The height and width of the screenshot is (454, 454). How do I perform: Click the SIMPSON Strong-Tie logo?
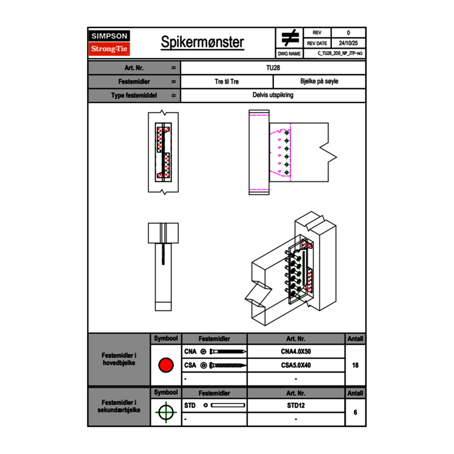click(x=110, y=43)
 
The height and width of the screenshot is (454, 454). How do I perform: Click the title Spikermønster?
click(x=202, y=42)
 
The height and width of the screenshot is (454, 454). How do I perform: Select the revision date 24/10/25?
click(x=348, y=43)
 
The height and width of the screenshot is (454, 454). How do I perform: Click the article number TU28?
click(x=273, y=68)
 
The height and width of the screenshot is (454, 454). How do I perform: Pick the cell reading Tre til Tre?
click(x=226, y=82)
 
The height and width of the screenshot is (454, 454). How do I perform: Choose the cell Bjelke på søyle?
click(x=319, y=82)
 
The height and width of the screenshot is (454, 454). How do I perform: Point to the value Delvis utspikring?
click(x=273, y=95)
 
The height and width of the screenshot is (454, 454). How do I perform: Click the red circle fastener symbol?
click(x=166, y=365)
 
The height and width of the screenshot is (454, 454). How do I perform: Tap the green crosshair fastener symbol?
click(x=166, y=412)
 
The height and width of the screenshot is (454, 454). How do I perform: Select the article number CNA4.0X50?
click(x=296, y=352)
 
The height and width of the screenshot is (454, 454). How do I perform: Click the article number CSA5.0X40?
click(x=296, y=365)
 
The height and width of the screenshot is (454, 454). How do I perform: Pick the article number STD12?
click(x=296, y=406)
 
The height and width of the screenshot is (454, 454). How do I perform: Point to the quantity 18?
click(x=355, y=365)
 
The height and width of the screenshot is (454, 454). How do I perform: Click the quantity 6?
click(x=355, y=412)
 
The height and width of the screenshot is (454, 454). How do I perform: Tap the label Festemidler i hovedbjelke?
click(x=119, y=359)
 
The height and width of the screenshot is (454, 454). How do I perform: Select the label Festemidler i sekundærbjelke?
click(x=119, y=406)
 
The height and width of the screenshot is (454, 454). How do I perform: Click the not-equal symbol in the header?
click(x=290, y=38)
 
